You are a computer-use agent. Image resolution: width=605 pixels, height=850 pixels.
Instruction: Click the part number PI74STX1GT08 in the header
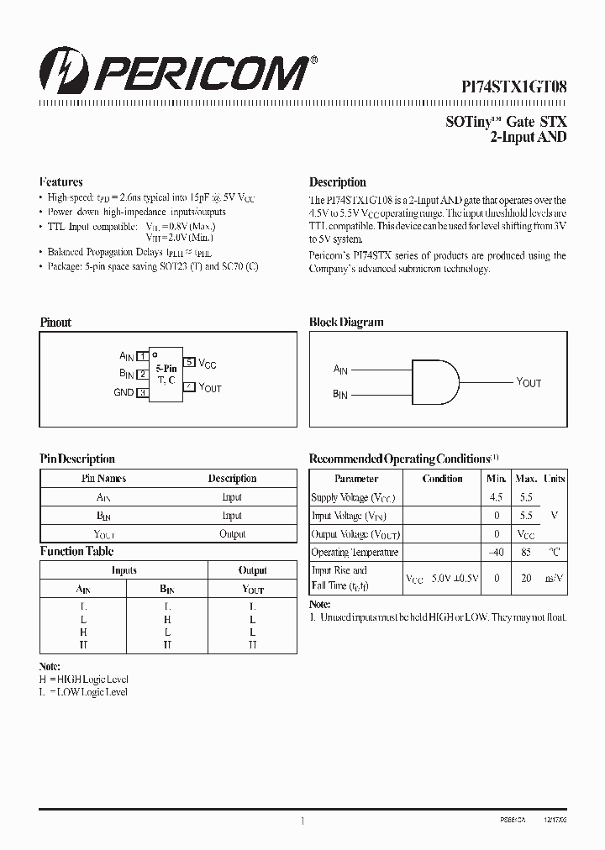click(514, 86)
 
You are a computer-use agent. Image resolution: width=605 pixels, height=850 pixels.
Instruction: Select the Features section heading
click(61, 182)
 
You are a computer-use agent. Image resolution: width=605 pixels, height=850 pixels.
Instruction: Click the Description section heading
click(338, 182)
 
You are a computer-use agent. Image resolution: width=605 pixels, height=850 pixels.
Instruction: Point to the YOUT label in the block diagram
click(529, 382)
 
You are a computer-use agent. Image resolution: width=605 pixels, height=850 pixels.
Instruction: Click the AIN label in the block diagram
click(340, 370)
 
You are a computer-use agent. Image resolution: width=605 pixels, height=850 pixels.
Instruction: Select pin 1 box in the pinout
click(143, 356)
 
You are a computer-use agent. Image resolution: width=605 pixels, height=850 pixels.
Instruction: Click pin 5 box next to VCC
click(190, 362)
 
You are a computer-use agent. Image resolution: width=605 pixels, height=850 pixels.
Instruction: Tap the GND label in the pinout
click(124, 392)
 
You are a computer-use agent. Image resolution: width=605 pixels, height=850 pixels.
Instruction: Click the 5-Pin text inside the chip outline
click(166, 368)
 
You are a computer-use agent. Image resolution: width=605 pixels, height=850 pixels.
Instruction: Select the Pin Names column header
click(104, 479)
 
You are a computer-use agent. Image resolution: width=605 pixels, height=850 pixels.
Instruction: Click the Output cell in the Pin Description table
click(233, 534)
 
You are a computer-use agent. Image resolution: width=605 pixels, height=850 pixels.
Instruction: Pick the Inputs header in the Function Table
click(124, 570)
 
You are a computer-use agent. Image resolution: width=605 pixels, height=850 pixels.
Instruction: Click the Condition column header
click(443, 479)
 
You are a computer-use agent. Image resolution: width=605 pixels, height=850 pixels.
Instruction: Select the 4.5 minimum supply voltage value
click(497, 497)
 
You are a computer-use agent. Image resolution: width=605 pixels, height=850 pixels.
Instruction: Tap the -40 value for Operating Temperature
click(497, 553)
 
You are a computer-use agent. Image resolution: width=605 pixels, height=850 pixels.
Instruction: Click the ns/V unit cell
click(554, 578)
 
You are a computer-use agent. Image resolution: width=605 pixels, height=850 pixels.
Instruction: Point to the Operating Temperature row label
click(355, 553)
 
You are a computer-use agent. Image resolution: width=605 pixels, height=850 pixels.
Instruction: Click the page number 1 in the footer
click(302, 821)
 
